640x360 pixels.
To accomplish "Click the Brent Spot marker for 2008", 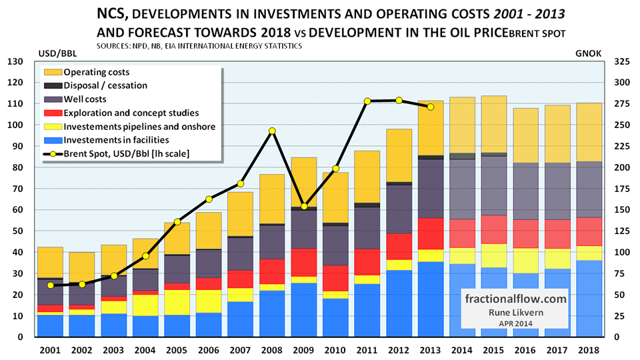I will click(x=272, y=131).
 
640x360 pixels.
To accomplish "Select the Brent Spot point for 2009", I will click(x=303, y=206).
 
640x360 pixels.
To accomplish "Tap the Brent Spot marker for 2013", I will click(x=430, y=107).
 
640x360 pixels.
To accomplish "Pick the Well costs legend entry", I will click(x=88, y=99).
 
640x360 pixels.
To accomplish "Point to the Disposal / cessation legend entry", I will click(x=105, y=85).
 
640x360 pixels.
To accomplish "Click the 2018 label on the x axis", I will click(x=588, y=349).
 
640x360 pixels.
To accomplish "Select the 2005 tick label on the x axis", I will click(x=177, y=349).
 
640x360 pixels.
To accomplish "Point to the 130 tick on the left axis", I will click(x=15, y=61).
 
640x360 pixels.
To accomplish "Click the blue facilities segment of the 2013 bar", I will click(x=430, y=299).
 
